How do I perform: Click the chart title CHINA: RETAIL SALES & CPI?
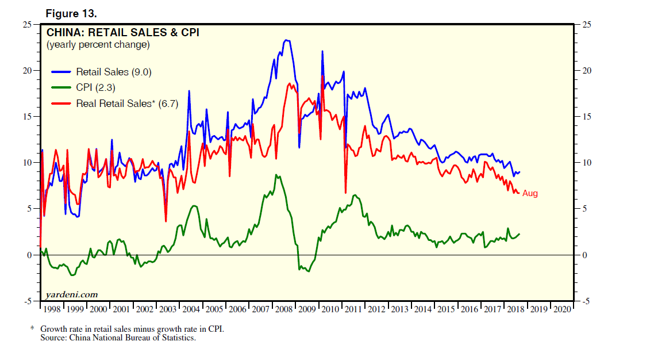coord(123,33)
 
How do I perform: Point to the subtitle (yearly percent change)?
coord(98,45)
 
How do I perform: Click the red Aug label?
coord(530,194)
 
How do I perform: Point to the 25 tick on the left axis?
coord(27,25)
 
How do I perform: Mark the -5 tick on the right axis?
coord(587,301)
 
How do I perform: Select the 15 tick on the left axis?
coord(27,117)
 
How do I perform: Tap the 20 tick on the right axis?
coord(587,71)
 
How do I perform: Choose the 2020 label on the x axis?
coord(562,309)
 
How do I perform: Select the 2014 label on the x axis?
coord(423,309)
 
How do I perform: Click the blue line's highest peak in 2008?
coord(286,40)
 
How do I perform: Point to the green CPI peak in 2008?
coord(276,175)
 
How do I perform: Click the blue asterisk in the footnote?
coord(32,329)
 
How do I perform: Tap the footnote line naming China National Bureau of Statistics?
coord(118,338)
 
